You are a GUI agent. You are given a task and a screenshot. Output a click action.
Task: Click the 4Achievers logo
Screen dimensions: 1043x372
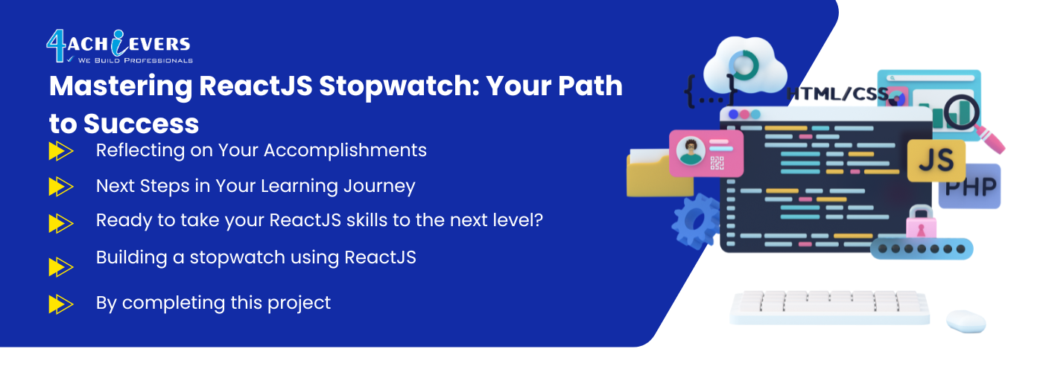click(119, 46)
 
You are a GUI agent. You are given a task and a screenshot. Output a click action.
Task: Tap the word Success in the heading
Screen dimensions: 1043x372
click(141, 124)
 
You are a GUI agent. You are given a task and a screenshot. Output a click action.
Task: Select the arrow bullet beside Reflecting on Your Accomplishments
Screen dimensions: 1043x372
click(61, 151)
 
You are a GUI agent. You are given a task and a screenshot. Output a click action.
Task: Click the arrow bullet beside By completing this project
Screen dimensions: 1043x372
click(61, 304)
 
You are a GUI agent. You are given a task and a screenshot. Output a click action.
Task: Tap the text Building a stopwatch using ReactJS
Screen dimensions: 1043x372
click(256, 257)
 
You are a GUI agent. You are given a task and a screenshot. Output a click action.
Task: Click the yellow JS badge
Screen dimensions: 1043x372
click(936, 161)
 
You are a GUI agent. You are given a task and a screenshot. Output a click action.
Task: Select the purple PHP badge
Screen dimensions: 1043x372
click(971, 187)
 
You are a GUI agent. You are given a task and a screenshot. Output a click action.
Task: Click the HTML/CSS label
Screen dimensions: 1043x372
click(837, 94)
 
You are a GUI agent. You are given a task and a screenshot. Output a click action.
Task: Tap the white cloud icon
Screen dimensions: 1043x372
click(745, 65)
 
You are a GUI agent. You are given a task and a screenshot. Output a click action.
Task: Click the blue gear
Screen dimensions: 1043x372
click(696, 221)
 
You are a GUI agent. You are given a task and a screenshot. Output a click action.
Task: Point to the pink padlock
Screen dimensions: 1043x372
click(921, 222)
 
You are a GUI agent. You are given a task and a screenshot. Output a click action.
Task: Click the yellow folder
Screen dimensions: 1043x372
click(659, 173)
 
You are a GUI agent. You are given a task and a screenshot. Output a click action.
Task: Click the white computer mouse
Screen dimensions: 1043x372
click(966, 321)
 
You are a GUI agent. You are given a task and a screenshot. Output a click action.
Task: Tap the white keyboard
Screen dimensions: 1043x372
click(829, 307)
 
